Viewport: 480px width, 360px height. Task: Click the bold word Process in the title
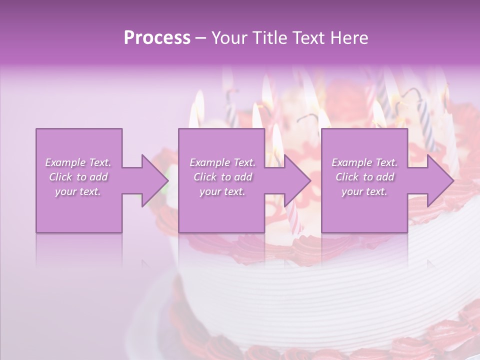pyautogui.click(x=157, y=38)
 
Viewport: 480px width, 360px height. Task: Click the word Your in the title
pyautogui.click(x=227, y=38)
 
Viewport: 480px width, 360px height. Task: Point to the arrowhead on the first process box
pyautogui.click(x=153, y=180)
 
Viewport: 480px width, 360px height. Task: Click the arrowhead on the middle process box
pyautogui.click(x=296, y=180)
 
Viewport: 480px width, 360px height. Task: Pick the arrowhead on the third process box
pyautogui.click(x=439, y=180)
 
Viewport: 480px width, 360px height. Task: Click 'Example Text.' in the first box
pyautogui.click(x=78, y=162)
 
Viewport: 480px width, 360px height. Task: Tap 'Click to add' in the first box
pyautogui.click(x=78, y=177)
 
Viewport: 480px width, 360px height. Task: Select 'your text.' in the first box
pyautogui.click(x=78, y=191)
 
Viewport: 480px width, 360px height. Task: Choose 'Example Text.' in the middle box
pyautogui.click(x=222, y=162)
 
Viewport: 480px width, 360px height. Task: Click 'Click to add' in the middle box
pyautogui.click(x=222, y=177)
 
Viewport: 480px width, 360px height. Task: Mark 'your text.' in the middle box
pyautogui.click(x=222, y=191)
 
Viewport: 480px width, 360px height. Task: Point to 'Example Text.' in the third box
pyautogui.click(x=364, y=162)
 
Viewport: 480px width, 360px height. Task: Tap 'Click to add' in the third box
pyautogui.click(x=364, y=177)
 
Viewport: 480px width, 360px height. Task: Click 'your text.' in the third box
pyautogui.click(x=364, y=191)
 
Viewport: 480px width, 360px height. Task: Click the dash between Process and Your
pyautogui.click(x=200, y=38)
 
